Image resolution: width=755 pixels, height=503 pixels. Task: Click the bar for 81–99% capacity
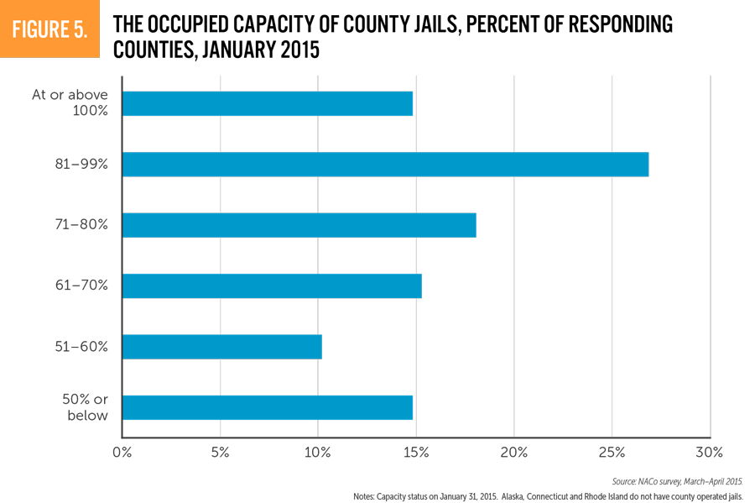click(x=385, y=165)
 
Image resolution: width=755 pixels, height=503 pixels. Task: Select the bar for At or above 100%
click(x=267, y=103)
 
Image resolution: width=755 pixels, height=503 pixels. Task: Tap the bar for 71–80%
click(x=299, y=225)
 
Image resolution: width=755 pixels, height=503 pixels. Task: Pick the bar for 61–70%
click(x=271, y=286)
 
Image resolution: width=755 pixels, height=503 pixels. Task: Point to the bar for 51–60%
click(x=221, y=347)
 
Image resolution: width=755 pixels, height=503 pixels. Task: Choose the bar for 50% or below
click(x=267, y=407)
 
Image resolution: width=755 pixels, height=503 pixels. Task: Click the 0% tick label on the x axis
click(x=122, y=453)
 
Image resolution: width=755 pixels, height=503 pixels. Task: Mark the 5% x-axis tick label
click(x=220, y=453)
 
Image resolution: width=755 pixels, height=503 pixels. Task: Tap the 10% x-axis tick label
click(x=318, y=453)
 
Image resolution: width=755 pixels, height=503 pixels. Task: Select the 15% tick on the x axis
click(x=416, y=453)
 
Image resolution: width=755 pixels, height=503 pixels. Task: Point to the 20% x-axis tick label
click(x=514, y=453)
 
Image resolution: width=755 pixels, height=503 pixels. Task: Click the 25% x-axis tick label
click(x=612, y=453)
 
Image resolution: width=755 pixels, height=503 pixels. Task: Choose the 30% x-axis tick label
click(x=710, y=453)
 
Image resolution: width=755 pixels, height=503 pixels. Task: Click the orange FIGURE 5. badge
click(x=49, y=29)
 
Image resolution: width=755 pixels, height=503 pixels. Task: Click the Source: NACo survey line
click(x=677, y=481)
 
